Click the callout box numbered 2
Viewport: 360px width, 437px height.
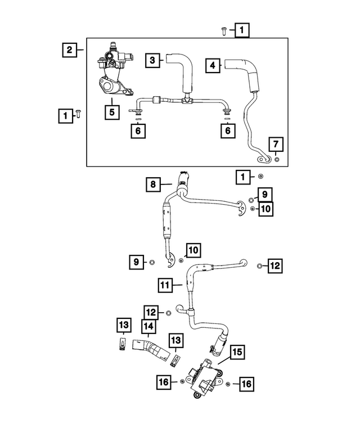69,50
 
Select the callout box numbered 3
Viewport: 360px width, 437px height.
152,60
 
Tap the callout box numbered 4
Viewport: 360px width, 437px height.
213,65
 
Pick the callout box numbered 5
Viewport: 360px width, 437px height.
112,112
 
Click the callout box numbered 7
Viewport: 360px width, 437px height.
276,145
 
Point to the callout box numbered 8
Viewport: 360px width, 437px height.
153,184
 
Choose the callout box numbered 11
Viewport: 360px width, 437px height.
165,285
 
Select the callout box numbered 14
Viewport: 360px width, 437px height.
148,326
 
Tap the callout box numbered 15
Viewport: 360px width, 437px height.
237,352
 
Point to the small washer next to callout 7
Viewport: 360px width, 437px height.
277,160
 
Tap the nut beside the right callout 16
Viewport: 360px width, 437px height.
227,384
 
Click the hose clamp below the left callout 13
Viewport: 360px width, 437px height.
121,344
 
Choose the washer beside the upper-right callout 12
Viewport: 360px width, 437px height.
259,265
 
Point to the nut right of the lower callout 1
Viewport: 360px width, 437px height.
261,177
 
